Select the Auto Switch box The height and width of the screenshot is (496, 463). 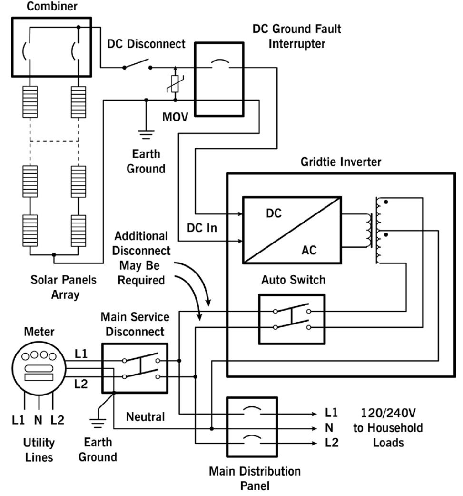291,319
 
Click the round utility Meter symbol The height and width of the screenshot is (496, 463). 38,367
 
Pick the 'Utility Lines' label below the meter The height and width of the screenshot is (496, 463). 39,450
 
